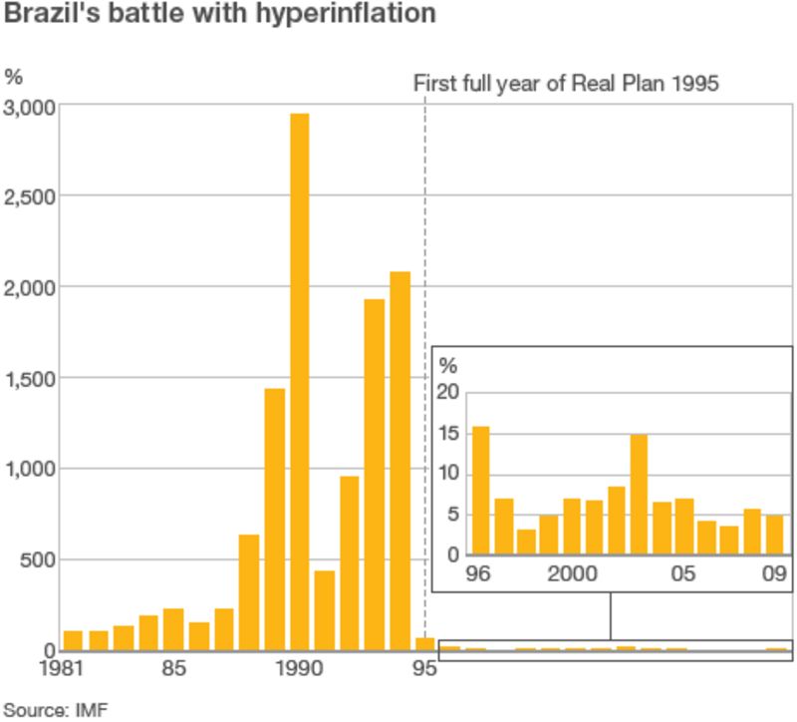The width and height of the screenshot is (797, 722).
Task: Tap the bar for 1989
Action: pyautogui.click(x=275, y=519)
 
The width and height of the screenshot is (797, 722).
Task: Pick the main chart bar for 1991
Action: pyautogui.click(x=325, y=610)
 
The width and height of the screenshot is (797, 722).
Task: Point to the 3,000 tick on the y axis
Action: pyautogui.click(x=30, y=107)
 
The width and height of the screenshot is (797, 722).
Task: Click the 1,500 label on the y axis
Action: pyautogui.click(x=30, y=378)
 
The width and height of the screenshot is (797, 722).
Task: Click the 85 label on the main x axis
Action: pyautogui.click(x=173, y=669)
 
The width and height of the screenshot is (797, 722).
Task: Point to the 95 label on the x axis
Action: pyautogui.click(x=424, y=669)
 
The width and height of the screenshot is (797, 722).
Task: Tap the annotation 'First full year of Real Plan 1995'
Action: pyautogui.click(x=566, y=83)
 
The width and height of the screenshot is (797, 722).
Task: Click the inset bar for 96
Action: pyautogui.click(x=480, y=490)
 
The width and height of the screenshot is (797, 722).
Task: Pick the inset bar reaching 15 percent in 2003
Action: pyautogui.click(x=639, y=494)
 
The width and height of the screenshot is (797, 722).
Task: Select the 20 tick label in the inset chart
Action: pyautogui.click(x=449, y=392)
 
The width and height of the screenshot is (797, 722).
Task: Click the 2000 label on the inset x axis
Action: pyautogui.click(x=571, y=574)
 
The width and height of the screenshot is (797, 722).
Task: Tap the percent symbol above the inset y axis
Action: pyautogui.click(x=449, y=366)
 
